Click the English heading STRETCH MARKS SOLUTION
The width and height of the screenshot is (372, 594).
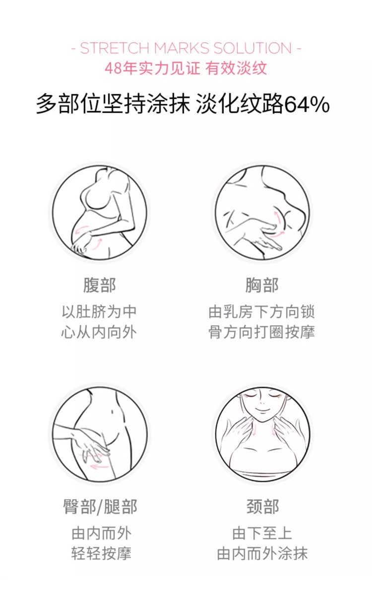[186, 48]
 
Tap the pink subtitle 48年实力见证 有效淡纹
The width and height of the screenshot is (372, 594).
[186, 69]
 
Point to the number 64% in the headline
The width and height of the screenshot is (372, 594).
[307, 105]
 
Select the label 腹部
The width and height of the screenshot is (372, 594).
[100, 285]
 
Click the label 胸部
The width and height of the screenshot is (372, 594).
[262, 285]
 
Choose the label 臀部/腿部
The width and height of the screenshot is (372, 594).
[100, 507]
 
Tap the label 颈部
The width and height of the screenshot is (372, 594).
[263, 507]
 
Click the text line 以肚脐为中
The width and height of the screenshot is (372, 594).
[99, 312]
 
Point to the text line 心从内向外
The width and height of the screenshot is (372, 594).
[99, 332]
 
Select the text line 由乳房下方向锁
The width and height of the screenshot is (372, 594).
[261, 312]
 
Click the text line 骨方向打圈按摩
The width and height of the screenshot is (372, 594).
[261, 332]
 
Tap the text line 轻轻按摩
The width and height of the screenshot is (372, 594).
[101, 553]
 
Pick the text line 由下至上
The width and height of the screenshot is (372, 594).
[262, 533]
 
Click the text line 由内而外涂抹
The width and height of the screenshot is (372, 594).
[262, 553]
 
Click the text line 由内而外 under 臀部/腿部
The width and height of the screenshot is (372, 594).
[101, 533]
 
